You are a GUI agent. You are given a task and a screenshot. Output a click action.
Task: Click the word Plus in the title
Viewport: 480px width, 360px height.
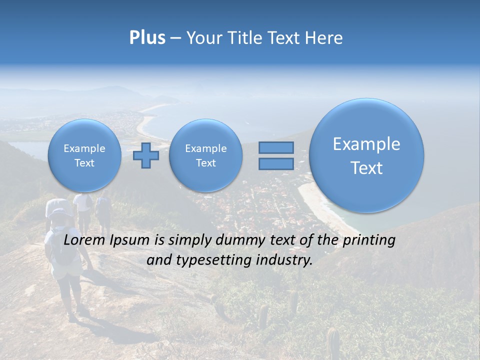tap(147, 38)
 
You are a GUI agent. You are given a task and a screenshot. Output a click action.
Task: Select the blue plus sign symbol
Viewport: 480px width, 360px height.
tap(146, 155)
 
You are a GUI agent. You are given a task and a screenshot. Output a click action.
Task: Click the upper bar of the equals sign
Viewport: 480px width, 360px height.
tap(276, 147)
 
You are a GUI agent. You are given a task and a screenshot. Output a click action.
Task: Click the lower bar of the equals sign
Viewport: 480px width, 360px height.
tap(276, 164)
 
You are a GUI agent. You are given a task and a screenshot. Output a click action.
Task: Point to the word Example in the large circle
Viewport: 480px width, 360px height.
tap(366, 144)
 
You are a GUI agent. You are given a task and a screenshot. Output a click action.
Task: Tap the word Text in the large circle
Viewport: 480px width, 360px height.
tap(366, 168)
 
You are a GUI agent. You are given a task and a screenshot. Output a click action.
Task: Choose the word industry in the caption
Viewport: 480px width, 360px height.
tap(284, 260)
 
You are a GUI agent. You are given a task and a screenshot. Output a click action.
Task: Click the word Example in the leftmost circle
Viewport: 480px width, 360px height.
tap(84, 148)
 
